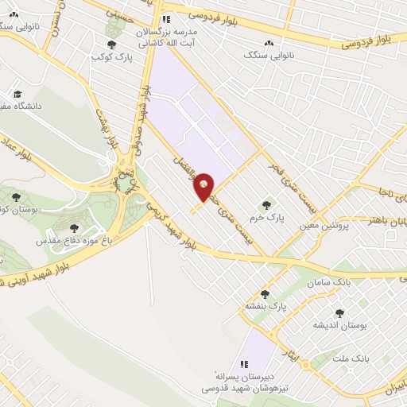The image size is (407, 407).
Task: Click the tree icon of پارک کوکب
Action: point(110,45)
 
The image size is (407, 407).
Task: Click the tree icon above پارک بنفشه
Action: point(265,293)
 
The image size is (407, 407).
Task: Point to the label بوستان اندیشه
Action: point(341,325)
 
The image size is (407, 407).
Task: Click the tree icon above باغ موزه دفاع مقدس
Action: point(75,228)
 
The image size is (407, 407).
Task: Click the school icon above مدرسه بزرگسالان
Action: point(165,19)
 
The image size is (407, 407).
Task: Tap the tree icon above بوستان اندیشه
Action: point(340,313)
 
